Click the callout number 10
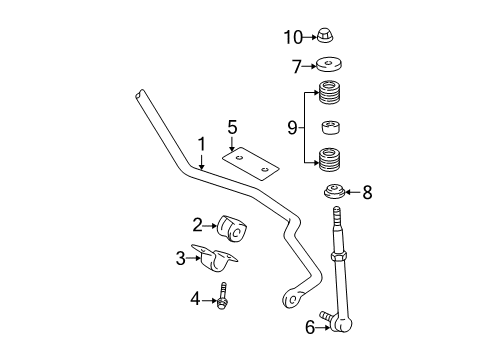(x=292, y=38)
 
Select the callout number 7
(x=296, y=67)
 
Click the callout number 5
(x=232, y=127)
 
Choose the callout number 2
(x=197, y=225)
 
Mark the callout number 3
(x=181, y=258)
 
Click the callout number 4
(x=197, y=296)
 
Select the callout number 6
(x=310, y=326)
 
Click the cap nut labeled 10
(x=325, y=38)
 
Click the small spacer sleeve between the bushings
(x=329, y=128)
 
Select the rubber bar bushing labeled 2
(x=234, y=227)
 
